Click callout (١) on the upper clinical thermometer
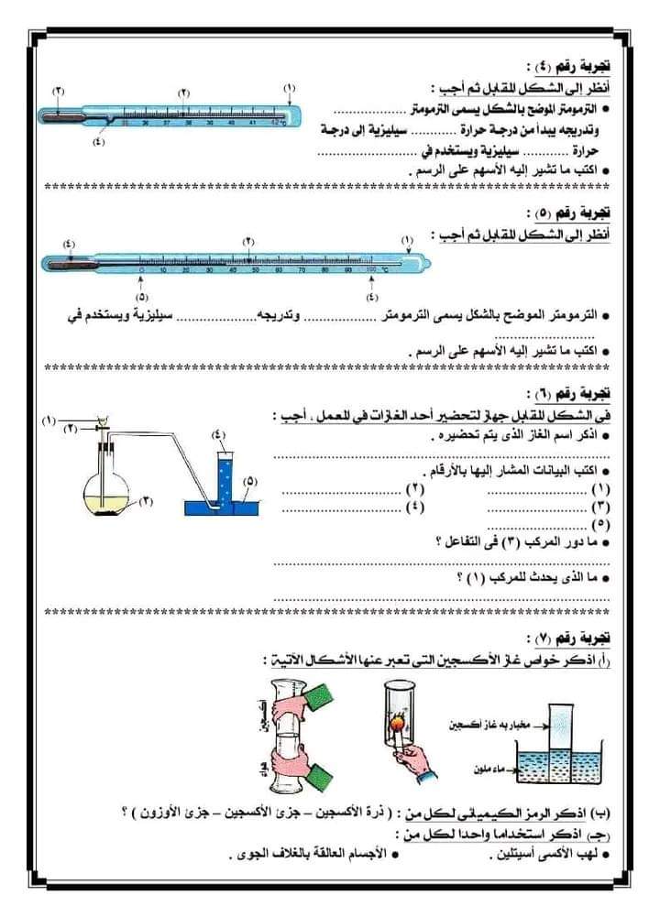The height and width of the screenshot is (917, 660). [x=290, y=88]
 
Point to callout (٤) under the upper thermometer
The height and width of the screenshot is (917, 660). [x=99, y=141]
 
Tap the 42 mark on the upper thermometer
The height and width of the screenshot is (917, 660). [x=274, y=121]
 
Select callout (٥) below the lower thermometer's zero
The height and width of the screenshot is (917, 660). [x=141, y=297]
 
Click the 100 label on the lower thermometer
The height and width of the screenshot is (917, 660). [x=370, y=271]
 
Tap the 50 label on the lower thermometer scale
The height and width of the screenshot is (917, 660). [x=256, y=271]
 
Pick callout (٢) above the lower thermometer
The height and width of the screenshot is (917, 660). [x=248, y=240]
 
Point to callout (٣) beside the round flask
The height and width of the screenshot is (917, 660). [x=146, y=500]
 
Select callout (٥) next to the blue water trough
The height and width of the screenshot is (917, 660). [x=250, y=480]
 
